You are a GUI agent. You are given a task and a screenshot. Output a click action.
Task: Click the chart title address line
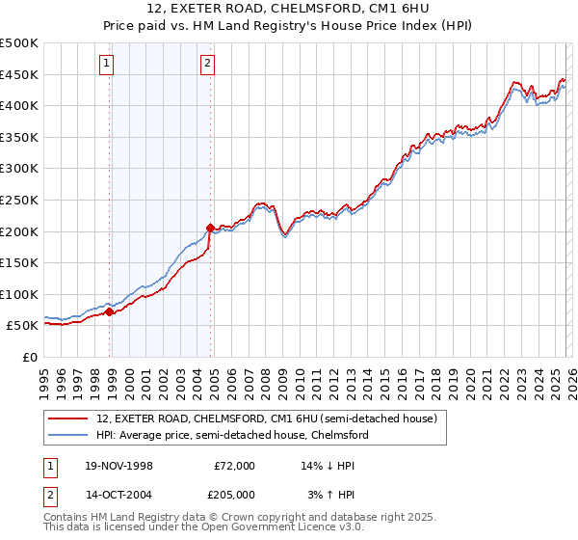pos(289,9)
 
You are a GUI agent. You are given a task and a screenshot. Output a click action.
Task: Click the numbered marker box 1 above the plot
pos(105,65)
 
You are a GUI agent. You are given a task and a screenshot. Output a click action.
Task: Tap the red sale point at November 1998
pos(110,311)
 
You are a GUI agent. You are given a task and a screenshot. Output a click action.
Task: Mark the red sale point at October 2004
pos(210,229)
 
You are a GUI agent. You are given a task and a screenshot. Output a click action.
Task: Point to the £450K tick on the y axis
pos(19,74)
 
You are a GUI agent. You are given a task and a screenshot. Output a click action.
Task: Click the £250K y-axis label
pos(19,200)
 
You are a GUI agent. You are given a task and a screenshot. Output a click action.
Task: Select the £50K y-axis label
pos(23,326)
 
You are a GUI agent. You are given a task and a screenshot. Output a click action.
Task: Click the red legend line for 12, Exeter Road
pos(68,418)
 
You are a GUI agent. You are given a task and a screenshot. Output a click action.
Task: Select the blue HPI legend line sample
pos(68,435)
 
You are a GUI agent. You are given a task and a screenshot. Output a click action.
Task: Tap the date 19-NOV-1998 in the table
pos(118,465)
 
